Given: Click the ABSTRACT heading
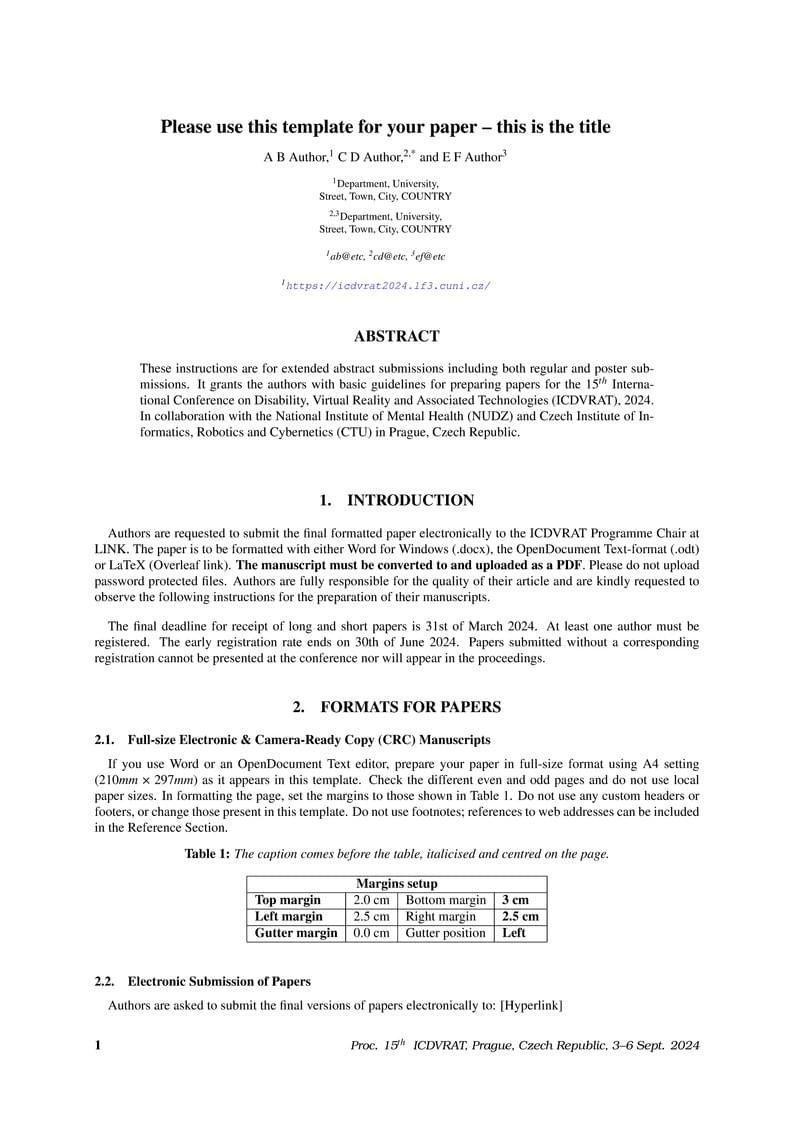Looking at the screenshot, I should tap(396, 337).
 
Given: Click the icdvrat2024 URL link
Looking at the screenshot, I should tap(388, 285).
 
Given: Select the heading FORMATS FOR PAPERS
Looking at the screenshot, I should tap(410, 707).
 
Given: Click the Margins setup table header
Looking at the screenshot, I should tap(396, 884).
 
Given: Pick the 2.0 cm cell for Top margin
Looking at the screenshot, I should tap(371, 900).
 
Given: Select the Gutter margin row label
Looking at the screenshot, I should tap(296, 933).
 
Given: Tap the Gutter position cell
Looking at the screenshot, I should tap(445, 933).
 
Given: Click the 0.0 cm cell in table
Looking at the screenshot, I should tap(371, 933).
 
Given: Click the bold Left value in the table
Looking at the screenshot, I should tap(513, 933).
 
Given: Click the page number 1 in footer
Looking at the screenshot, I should tap(98, 1046).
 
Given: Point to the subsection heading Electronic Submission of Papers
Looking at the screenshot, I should tap(219, 980).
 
